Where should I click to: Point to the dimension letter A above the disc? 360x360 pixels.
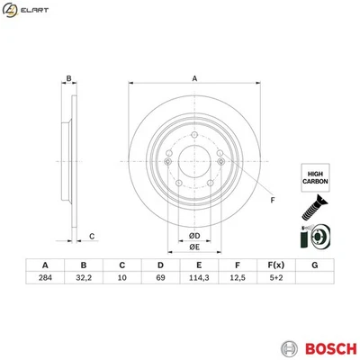[x=193, y=78]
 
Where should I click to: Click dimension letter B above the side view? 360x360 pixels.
[x=68, y=78]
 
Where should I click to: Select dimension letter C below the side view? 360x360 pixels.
[x=92, y=237]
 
